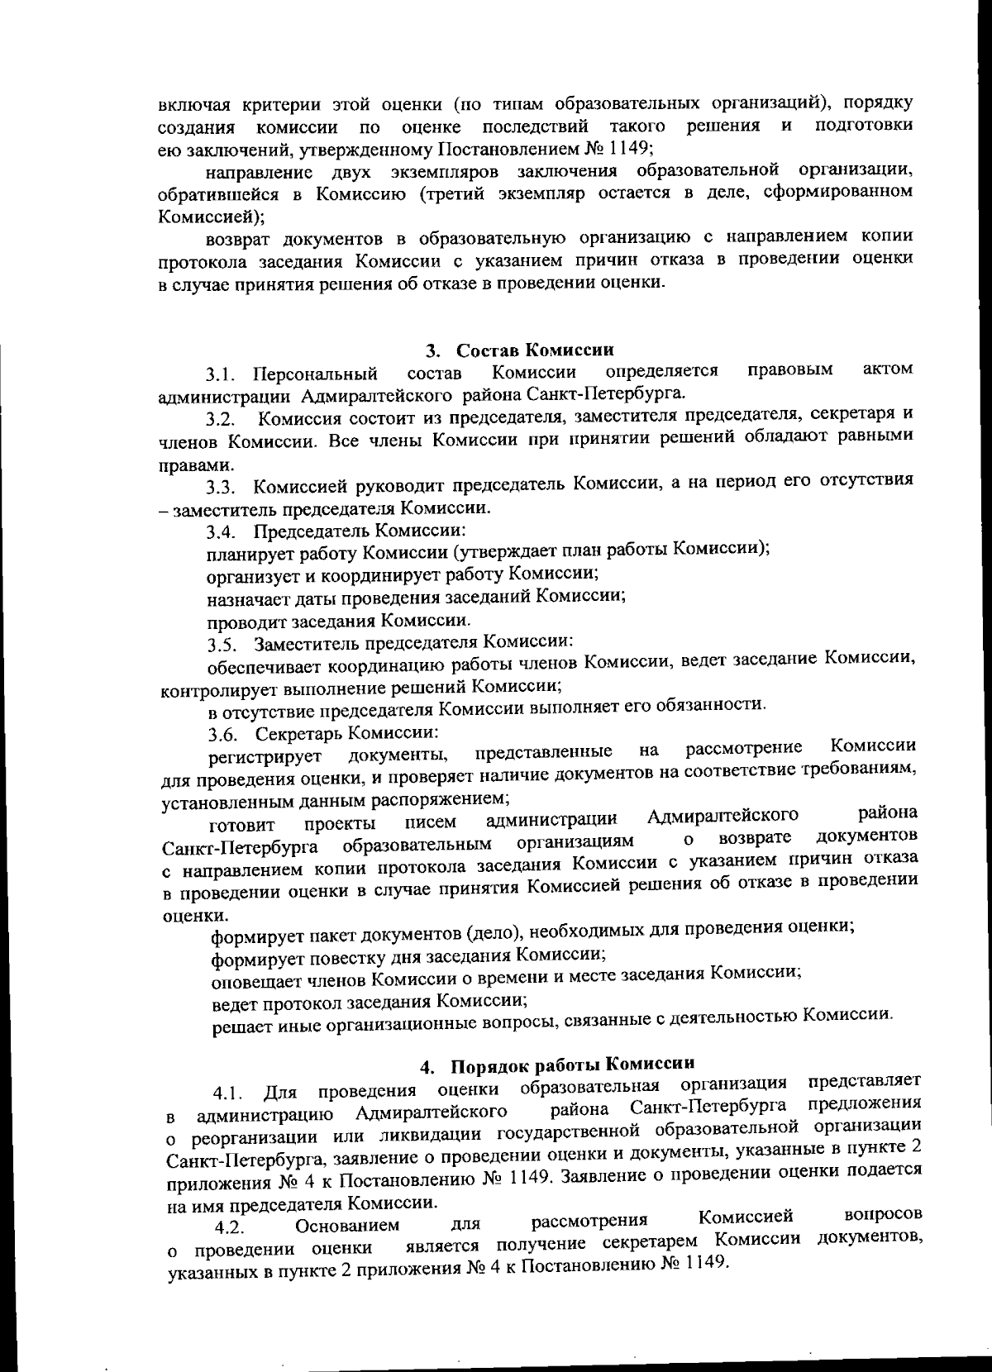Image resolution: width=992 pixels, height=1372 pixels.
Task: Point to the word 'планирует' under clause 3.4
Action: [x=245, y=552]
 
